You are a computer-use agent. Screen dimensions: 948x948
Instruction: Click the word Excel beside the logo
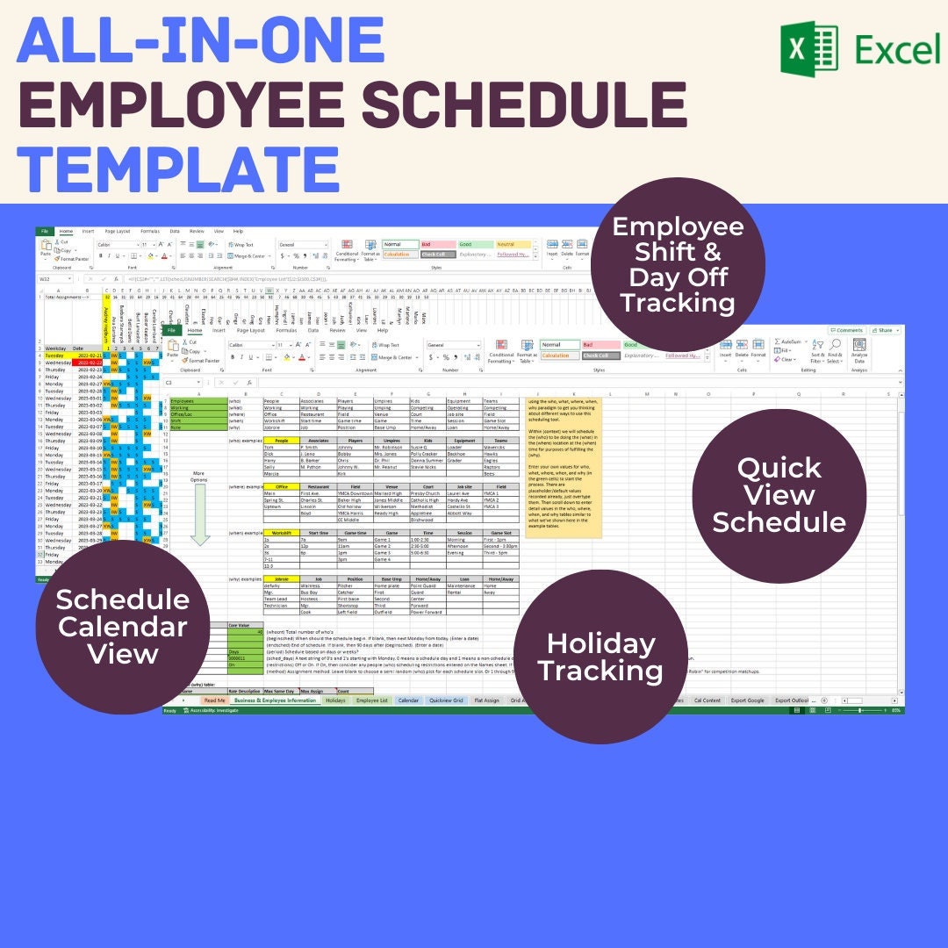(898, 50)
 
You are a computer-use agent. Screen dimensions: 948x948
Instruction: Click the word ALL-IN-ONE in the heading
(201, 40)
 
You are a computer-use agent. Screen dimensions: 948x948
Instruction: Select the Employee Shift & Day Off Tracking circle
(677, 264)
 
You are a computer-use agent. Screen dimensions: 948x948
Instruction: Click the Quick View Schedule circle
(779, 495)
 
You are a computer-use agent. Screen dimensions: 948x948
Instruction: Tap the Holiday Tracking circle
(599, 657)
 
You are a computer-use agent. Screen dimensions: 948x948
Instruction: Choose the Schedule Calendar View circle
(122, 627)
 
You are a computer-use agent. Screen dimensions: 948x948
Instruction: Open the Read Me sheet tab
(214, 700)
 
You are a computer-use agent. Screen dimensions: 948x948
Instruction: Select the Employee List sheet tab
(372, 700)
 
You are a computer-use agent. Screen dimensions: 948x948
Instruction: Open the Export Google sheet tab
(747, 700)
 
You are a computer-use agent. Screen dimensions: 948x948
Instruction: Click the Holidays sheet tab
(335, 700)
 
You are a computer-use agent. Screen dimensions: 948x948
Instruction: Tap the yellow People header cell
(281, 440)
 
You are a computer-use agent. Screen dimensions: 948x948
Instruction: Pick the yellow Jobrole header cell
(281, 578)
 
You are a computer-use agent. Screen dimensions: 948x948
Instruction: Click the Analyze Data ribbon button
(858, 351)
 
